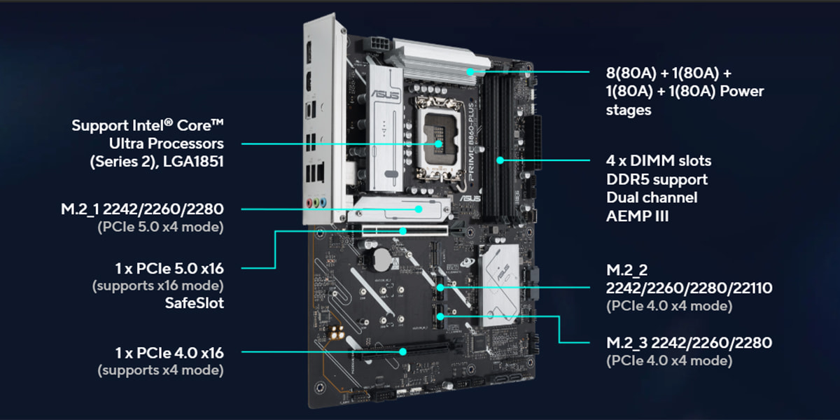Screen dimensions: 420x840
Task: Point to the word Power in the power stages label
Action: (741, 92)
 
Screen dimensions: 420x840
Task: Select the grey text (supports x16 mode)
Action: (157, 286)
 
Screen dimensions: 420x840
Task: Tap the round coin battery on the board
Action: (379, 260)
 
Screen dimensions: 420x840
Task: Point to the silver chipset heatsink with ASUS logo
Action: (500, 280)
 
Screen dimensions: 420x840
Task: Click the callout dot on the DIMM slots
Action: (500, 160)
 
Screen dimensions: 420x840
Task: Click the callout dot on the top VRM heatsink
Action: (471, 71)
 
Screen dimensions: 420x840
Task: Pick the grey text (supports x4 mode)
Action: (160, 370)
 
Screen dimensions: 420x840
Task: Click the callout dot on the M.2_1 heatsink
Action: (419, 208)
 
